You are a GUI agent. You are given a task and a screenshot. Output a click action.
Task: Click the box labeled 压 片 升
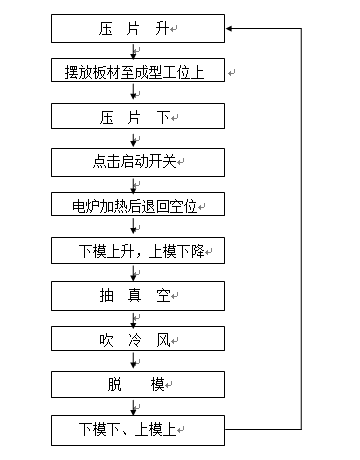[x=138, y=28]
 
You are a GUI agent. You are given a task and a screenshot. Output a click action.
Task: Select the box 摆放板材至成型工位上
[x=138, y=70]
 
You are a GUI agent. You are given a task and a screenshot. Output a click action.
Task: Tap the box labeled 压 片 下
[x=138, y=116]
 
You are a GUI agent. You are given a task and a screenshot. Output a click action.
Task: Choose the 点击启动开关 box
[x=138, y=162]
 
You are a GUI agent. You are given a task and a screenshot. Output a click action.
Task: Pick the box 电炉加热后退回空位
[x=138, y=204]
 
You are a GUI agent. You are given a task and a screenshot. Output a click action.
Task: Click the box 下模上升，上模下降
[x=138, y=250]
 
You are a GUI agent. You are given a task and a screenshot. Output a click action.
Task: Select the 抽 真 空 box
[x=138, y=296]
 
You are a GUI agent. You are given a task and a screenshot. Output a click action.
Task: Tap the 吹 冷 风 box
[x=138, y=338]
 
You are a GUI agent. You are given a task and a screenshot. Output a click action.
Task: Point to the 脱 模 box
[x=138, y=384]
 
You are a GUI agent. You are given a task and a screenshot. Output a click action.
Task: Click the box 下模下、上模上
[x=138, y=430]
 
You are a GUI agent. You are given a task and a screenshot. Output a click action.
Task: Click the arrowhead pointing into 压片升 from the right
[x=229, y=29]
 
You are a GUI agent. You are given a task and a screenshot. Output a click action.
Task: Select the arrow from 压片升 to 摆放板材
[x=134, y=51]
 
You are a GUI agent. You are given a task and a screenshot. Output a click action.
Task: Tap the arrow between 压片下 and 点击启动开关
[x=134, y=139]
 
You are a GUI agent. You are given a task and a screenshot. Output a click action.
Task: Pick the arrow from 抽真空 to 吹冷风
[x=134, y=319]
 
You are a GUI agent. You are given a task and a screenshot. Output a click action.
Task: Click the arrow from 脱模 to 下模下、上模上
[x=134, y=407]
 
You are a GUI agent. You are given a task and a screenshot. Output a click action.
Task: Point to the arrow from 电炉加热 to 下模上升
[x=134, y=227]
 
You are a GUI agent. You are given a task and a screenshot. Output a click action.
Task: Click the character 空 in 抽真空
[x=164, y=296]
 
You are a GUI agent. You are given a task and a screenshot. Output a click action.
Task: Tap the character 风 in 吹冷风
[x=164, y=340]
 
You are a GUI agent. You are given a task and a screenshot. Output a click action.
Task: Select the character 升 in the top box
[x=162, y=29]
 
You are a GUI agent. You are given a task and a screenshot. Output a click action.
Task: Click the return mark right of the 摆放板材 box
[x=232, y=72]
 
